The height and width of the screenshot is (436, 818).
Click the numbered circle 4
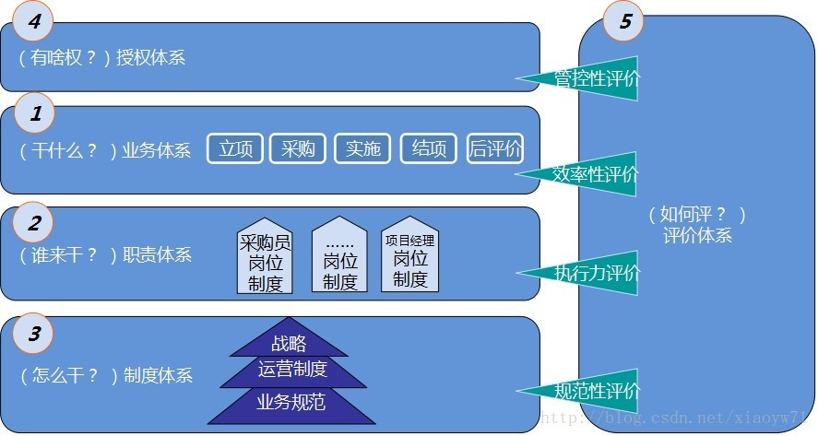pos(34,22)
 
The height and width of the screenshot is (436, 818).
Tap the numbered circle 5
pos(625,22)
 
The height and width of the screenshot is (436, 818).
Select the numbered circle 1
pos(35,114)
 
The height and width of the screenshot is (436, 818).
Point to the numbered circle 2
pos(34,222)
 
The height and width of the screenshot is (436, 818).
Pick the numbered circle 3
pos(34,334)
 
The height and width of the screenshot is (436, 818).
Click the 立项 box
pos(236,148)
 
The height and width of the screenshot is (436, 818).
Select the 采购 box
pos(298,148)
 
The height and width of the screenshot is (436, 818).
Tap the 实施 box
pos(362,148)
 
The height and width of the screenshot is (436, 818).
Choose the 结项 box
pos(429,148)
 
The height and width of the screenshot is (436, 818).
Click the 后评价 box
pos(495,148)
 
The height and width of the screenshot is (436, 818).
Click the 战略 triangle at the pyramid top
pos(289,343)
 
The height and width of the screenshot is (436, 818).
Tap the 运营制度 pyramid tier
pos(292,370)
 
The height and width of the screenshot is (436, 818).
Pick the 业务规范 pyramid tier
pos(290,402)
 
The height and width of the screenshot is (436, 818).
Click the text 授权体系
pos(150,57)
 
